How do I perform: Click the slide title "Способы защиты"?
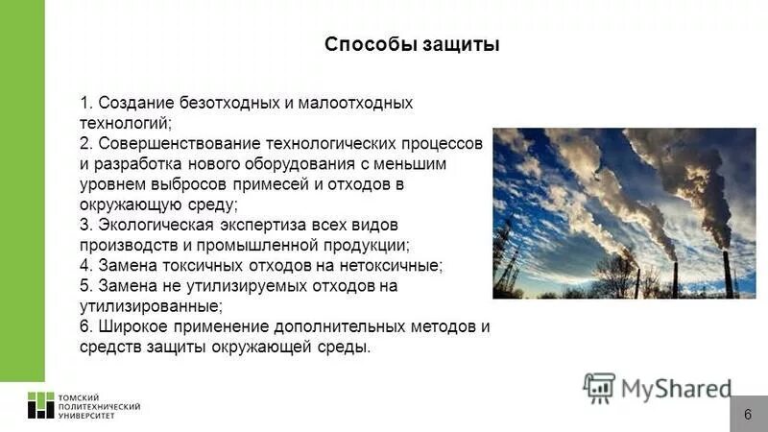click(412, 45)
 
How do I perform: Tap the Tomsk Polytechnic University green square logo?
click(40, 405)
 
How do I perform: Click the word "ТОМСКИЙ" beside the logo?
click(80, 396)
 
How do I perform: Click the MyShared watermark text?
click(676, 388)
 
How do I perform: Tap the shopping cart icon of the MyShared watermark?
click(600, 387)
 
